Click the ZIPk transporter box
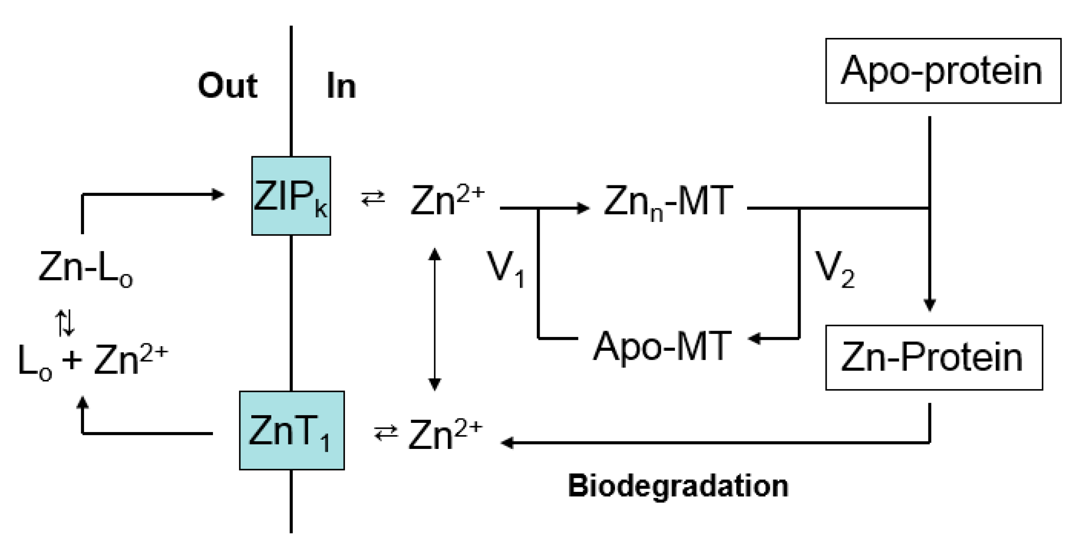point(291,196)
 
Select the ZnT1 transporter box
point(292,430)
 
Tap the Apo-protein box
point(943,71)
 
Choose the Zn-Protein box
point(934,358)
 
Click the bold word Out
point(228,86)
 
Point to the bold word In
point(341,86)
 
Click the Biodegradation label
point(678,485)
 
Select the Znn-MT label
point(668,202)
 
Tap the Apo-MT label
point(661,347)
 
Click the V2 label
point(834,269)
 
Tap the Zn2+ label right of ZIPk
point(447,201)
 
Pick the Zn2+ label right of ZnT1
point(445,435)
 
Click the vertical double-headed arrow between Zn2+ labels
point(435,319)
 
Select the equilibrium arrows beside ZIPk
point(373,199)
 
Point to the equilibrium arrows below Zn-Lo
point(65,323)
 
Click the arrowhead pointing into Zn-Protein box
point(930,305)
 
